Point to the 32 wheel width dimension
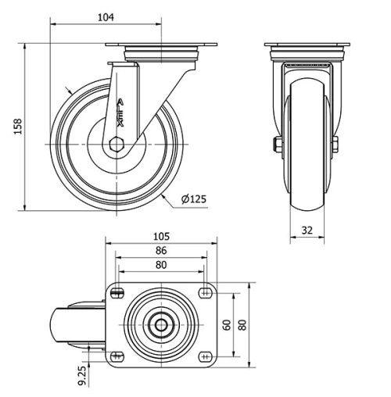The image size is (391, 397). (x=307, y=231)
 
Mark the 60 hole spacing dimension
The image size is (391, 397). (x=227, y=324)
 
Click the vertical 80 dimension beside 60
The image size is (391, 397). (x=242, y=324)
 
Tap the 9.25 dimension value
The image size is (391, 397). (x=82, y=374)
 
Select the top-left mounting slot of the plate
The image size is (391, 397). (x=117, y=292)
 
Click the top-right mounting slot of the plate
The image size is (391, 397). (x=206, y=292)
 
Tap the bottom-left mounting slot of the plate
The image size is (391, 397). (x=117, y=356)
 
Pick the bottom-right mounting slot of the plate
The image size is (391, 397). (x=206, y=356)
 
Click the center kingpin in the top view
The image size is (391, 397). (x=160, y=324)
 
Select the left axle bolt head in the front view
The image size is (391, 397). (x=275, y=144)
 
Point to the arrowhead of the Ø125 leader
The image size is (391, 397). (x=165, y=197)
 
